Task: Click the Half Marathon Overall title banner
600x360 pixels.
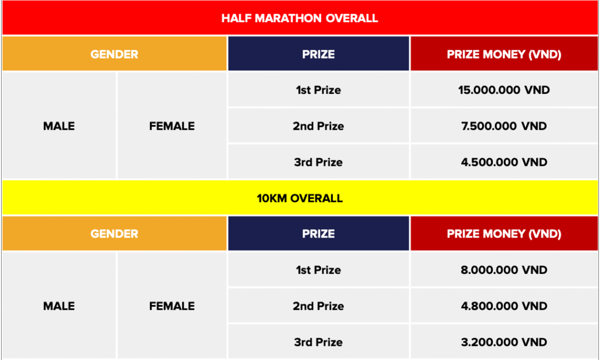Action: click(x=299, y=18)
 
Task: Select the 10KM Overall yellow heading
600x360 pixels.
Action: click(x=299, y=198)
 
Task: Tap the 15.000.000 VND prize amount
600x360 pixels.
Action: click(x=504, y=90)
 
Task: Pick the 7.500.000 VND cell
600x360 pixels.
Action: click(x=504, y=126)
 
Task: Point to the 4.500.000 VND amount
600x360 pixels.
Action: click(x=504, y=162)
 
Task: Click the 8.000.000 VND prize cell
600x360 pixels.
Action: click(x=504, y=270)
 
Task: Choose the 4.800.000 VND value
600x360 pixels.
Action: click(x=504, y=306)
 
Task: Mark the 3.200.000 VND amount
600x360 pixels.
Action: click(x=504, y=342)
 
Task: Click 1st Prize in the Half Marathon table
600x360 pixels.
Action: click(x=318, y=90)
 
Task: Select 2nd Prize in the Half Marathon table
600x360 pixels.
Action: click(x=318, y=126)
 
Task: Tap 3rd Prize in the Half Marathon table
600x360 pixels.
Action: click(x=318, y=162)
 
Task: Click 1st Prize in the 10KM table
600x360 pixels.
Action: click(x=318, y=270)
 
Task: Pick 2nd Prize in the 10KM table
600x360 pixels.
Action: click(x=318, y=306)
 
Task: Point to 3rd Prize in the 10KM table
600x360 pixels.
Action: click(x=318, y=342)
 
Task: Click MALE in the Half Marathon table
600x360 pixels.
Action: click(x=59, y=126)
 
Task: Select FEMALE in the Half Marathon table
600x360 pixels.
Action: click(x=172, y=126)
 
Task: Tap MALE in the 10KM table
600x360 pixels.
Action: click(x=59, y=306)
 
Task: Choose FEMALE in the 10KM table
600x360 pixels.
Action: click(x=172, y=306)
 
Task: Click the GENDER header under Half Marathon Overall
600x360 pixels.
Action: click(x=114, y=55)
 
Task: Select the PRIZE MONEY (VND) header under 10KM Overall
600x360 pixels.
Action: click(x=504, y=234)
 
